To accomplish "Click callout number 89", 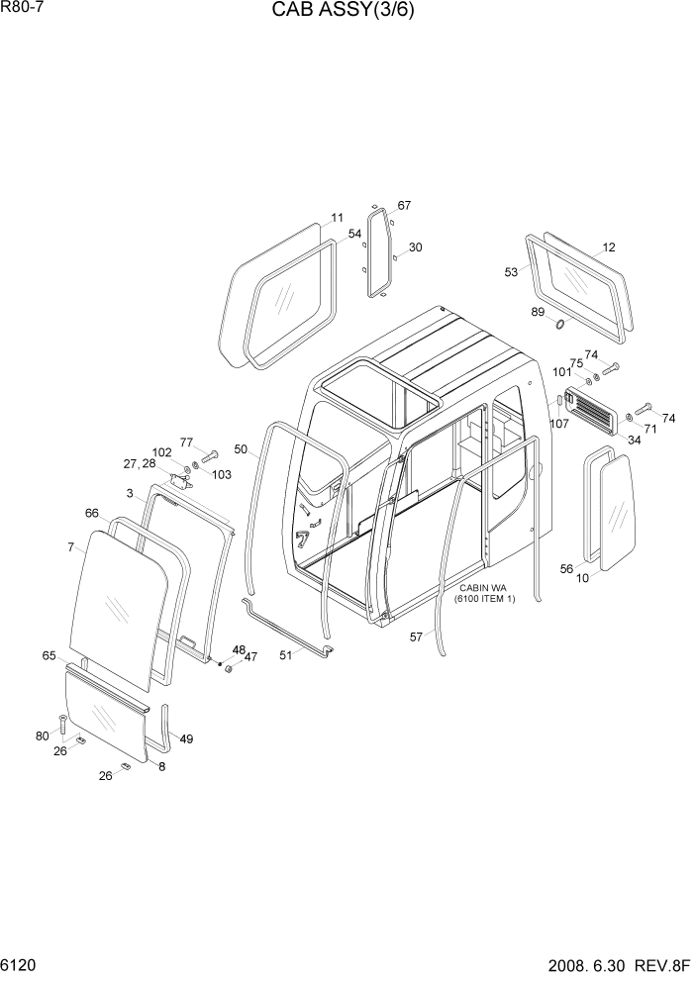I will tap(538, 313).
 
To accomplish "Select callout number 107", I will tap(558, 424).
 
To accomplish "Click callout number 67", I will tap(404, 206).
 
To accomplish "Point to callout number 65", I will tap(50, 655).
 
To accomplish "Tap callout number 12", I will tap(609, 247).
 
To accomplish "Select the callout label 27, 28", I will tap(139, 463).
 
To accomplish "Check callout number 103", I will tap(222, 475).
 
